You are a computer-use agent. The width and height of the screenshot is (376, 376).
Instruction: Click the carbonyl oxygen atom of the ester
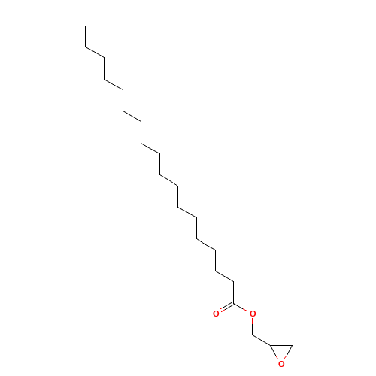(x=216, y=314)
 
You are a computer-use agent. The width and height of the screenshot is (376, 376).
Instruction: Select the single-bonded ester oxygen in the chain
(x=253, y=314)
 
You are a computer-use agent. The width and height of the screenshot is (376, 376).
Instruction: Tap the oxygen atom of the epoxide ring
(x=281, y=364)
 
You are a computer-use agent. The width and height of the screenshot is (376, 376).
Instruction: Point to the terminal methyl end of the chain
(x=85, y=26)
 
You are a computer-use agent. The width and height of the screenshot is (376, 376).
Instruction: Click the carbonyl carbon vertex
(x=234, y=303)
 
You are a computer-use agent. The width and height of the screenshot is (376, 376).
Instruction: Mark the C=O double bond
(x=226, y=308)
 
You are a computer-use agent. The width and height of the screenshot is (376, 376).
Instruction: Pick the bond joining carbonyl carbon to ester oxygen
(x=241, y=308)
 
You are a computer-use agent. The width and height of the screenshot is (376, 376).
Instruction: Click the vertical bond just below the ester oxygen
(x=253, y=326)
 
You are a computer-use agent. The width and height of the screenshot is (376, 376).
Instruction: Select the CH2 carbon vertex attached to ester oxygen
(x=253, y=335)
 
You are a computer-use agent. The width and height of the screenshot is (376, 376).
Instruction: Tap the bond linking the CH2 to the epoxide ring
(x=262, y=340)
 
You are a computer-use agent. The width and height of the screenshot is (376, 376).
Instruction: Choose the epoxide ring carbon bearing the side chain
(x=271, y=346)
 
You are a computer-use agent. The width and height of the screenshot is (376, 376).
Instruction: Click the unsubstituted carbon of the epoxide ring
(x=292, y=346)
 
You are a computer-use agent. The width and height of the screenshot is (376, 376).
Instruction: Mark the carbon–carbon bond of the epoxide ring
(x=281, y=346)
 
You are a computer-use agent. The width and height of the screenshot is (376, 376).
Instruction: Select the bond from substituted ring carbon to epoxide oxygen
(x=274, y=352)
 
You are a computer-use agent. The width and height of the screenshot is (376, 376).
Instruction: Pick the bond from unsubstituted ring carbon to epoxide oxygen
(x=288, y=352)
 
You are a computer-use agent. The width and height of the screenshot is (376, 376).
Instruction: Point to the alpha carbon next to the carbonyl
(x=234, y=282)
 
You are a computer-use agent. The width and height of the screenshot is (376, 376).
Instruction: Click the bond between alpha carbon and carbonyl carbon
(x=234, y=293)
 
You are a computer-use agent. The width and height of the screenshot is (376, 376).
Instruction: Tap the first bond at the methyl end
(x=85, y=36)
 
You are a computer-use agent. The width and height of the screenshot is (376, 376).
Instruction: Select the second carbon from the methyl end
(x=85, y=47)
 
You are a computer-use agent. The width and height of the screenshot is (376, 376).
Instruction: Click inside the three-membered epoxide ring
(x=281, y=351)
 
